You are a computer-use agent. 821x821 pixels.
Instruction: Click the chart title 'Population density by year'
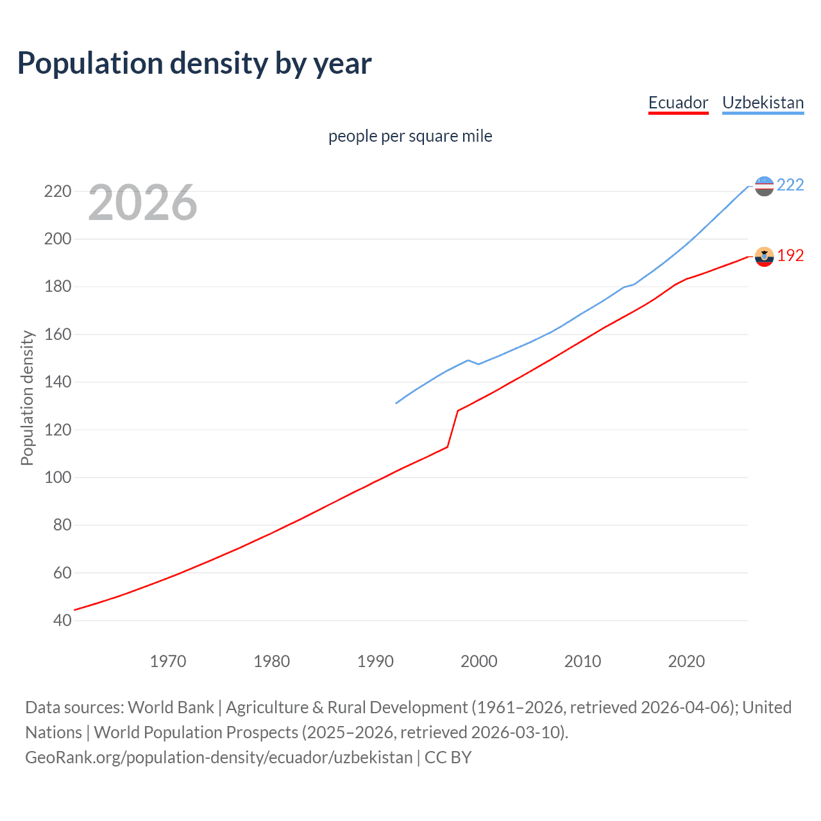(194, 63)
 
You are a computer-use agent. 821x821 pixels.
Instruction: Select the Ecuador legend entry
(678, 103)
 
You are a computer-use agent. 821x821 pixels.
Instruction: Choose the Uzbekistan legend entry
(763, 103)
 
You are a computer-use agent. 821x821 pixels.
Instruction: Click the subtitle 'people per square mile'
(410, 136)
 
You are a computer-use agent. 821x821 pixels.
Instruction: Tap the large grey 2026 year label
(142, 203)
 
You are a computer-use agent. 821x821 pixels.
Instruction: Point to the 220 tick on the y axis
(58, 191)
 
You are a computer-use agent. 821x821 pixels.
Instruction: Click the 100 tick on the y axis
(58, 477)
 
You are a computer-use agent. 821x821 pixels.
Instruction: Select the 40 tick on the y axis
(62, 620)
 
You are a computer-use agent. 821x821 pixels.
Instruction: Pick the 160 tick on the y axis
(58, 334)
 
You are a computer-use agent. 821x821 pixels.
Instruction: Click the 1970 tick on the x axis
(168, 661)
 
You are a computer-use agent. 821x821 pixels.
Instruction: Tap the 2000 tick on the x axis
(479, 661)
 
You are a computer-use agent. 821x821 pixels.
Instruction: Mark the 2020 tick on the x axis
(686, 661)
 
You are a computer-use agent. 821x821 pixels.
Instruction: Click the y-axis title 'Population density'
(27, 398)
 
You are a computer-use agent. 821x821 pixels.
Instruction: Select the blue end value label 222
(790, 185)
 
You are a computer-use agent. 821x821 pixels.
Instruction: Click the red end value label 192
(790, 255)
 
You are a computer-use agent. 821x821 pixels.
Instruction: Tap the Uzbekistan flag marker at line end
(764, 186)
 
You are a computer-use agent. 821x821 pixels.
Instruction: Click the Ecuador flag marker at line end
(764, 257)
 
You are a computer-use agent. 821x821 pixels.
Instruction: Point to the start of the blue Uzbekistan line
(396, 403)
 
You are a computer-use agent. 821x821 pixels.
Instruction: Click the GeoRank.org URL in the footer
(219, 757)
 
